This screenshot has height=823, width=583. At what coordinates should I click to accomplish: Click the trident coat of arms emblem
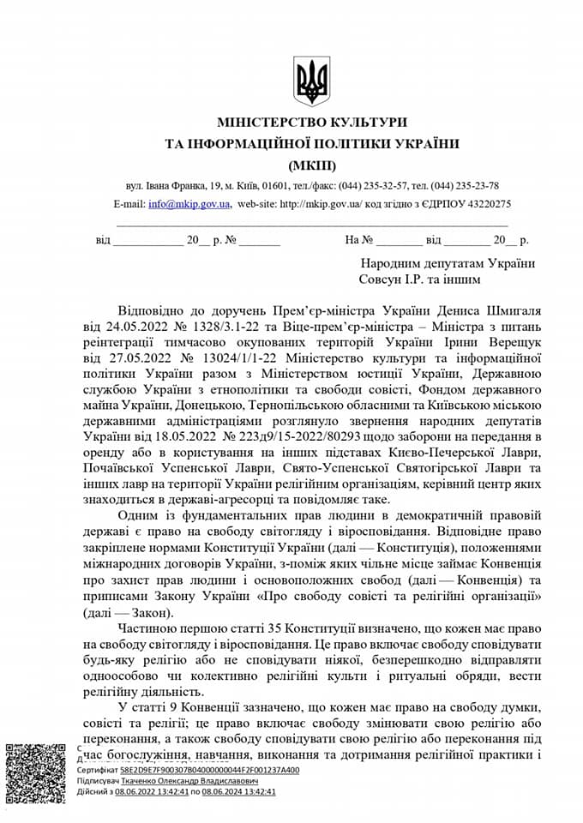tap(311, 81)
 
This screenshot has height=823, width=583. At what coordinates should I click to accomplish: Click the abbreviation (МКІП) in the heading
tap(312, 165)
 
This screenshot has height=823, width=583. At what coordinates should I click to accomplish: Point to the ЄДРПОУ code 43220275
tap(488, 204)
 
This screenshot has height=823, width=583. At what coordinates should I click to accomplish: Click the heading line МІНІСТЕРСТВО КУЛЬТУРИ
tap(312, 123)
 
